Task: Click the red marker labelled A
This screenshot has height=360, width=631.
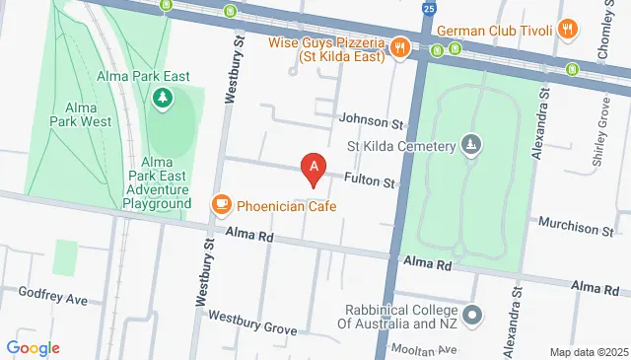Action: pos(315,170)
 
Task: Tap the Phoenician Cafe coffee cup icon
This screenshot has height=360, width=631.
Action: pos(222,205)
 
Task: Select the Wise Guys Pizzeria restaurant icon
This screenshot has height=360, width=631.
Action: pos(399,45)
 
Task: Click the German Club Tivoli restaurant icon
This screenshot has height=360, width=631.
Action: pos(566,30)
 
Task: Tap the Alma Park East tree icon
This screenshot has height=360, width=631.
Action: pos(162,98)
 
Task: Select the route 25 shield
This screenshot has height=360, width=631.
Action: pos(428,9)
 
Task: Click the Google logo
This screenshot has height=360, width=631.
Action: pos(33,347)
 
